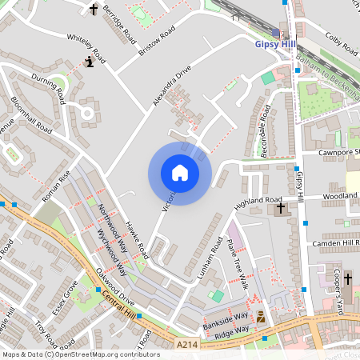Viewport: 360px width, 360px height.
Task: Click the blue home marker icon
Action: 180,173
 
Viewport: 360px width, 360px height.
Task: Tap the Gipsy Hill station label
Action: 274,45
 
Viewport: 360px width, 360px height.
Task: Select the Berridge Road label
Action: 118,22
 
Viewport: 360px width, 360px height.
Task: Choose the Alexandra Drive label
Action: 172,86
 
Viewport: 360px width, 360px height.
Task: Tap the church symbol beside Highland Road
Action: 280,210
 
